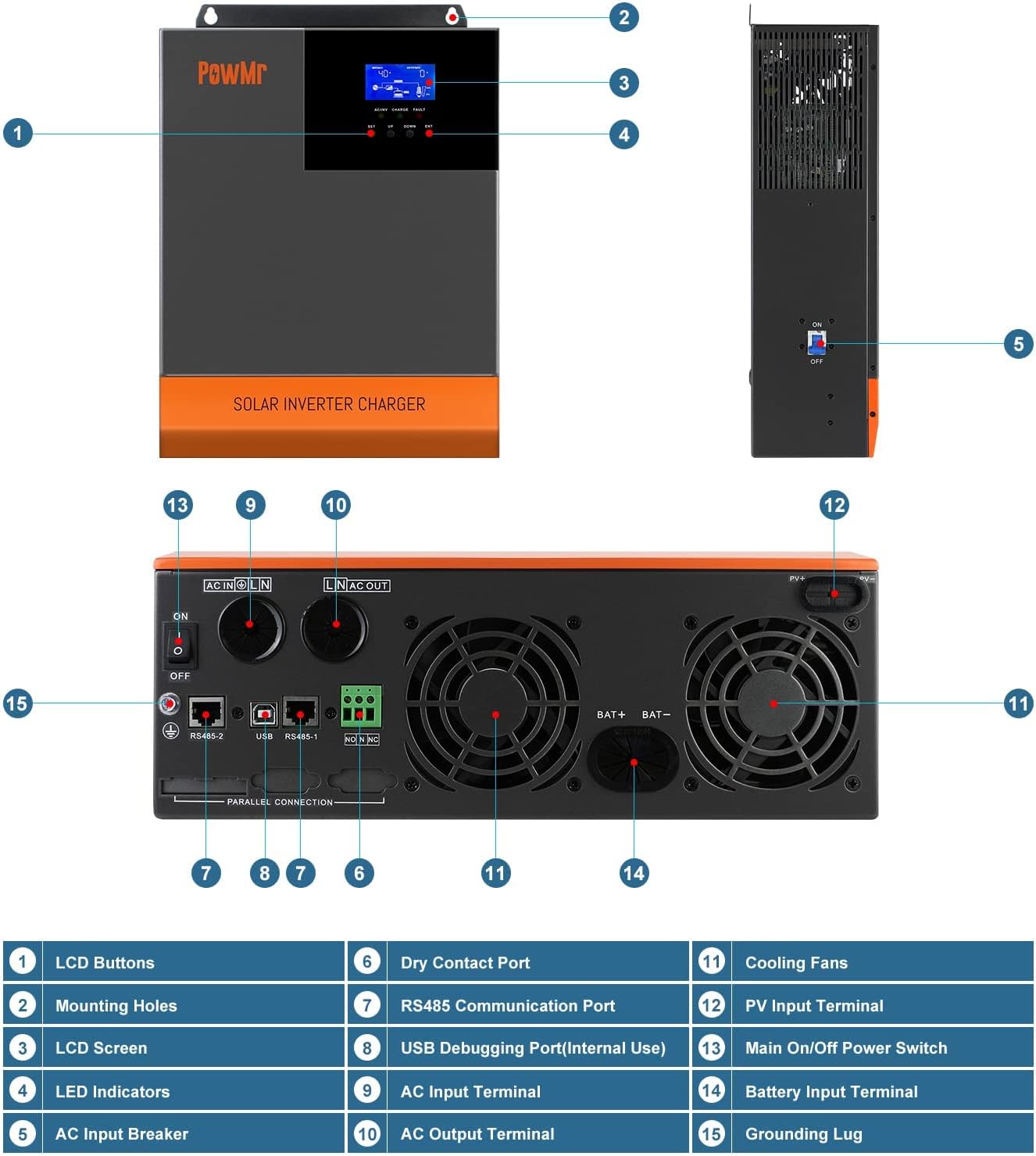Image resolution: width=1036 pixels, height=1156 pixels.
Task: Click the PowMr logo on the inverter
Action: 232,73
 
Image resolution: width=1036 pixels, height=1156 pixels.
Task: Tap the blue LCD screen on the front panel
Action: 399,82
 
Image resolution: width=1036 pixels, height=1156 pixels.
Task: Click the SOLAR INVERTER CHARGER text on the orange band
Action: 329,404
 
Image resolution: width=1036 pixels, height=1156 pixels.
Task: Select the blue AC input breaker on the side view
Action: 816,342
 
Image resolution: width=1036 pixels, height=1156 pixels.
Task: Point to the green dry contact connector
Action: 360,706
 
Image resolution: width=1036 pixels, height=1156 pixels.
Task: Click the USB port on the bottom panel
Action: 264,713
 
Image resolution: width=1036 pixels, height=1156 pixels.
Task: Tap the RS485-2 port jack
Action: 207,712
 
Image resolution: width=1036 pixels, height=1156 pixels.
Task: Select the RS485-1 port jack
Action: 301,712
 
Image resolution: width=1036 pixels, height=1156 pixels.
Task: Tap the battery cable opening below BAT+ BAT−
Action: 633,760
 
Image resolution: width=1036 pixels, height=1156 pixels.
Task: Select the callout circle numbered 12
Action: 834,505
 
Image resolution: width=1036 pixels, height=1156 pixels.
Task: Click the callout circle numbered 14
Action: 634,873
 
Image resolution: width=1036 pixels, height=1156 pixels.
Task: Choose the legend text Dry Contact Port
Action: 465,963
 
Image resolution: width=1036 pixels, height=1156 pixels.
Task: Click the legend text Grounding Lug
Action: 803,1134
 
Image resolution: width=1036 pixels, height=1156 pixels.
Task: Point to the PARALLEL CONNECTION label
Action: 280,802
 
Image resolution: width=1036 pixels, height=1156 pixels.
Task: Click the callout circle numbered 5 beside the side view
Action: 1018,344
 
